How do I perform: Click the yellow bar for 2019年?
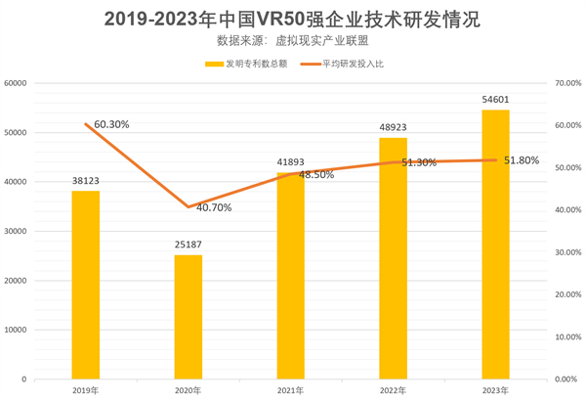pyautogui.click(x=86, y=285)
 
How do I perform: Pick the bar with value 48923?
pyautogui.click(x=394, y=258)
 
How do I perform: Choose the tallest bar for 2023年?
pyautogui.click(x=496, y=245)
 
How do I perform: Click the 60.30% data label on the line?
pyautogui.click(x=107, y=124)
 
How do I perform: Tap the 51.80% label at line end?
pyautogui.click(x=522, y=160)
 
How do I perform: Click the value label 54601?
pyautogui.click(x=496, y=101)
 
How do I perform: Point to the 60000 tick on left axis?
pyautogui.click(x=15, y=83)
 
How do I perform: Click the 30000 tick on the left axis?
pyautogui.click(x=15, y=231)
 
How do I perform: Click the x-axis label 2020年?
pyautogui.click(x=188, y=390)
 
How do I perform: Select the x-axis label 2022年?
pyautogui.click(x=394, y=390)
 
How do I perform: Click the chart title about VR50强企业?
pyautogui.click(x=293, y=20)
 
